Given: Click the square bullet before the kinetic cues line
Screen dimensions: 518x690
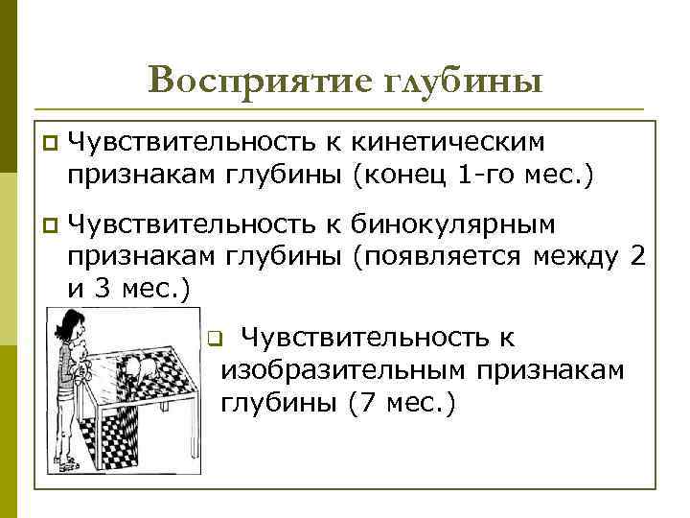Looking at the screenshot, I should pos(50,144).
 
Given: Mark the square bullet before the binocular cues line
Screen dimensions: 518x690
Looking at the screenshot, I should pos(50,225).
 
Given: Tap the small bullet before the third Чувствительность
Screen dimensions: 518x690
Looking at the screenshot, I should pos(215,339).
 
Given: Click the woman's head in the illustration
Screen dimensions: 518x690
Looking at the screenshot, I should pos(70,326).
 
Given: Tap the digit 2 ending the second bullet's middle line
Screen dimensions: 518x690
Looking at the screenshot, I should pos(638,256).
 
